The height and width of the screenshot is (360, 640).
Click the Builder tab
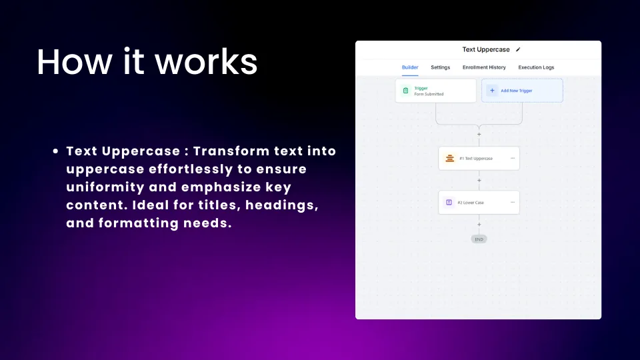(x=410, y=67)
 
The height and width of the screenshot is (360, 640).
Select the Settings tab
(x=441, y=67)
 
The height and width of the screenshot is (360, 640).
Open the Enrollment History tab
(x=484, y=67)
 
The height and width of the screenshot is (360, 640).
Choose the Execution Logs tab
(x=536, y=67)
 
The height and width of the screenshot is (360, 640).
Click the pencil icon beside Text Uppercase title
(x=518, y=49)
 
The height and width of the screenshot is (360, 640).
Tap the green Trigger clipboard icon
(x=406, y=91)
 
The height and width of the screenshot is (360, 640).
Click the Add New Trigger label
(x=516, y=91)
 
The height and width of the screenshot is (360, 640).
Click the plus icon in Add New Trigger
(x=492, y=91)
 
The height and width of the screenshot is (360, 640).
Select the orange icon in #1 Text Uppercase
(x=449, y=159)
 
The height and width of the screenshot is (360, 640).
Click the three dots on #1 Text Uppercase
(x=513, y=158)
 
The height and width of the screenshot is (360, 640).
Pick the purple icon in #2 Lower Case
(x=449, y=203)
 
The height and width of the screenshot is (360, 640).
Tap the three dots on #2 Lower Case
(x=513, y=202)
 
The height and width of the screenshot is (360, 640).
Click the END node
(x=479, y=239)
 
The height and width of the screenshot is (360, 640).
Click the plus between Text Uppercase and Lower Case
(x=479, y=181)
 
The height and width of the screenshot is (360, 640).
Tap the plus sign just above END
(x=479, y=225)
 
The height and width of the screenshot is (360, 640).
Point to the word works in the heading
(x=206, y=63)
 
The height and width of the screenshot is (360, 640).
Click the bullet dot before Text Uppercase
(x=55, y=151)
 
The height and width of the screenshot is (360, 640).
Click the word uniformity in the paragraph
(x=105, y=187)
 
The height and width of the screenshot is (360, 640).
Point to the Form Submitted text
(x=429, y=94)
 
